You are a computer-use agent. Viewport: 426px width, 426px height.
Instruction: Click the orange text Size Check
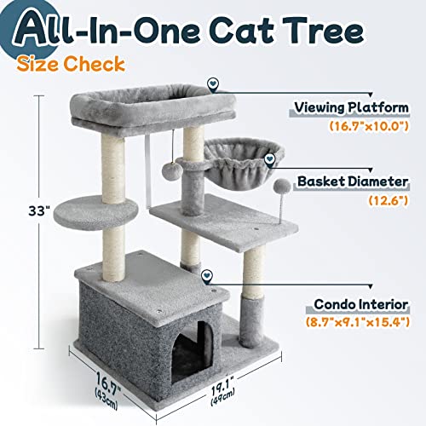82,63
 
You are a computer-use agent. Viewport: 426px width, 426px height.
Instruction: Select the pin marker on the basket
270,157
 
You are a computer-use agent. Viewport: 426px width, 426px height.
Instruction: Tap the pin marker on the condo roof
206,275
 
